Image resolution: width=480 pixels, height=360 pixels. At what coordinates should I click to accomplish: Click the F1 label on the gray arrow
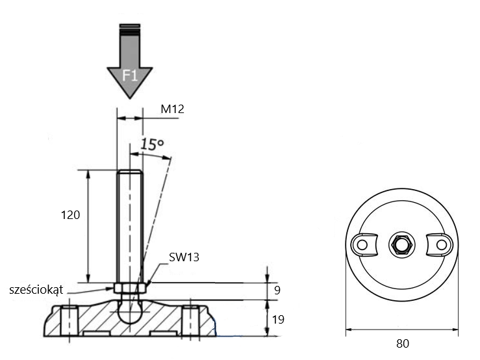click(x=130, y=75)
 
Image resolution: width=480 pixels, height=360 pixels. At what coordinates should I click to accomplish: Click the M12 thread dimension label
click(x=172, y=109)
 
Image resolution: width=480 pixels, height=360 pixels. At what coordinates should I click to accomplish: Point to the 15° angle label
click(x=152, y=144)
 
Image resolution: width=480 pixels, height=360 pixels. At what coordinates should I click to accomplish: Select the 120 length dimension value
click(x=70, y=215)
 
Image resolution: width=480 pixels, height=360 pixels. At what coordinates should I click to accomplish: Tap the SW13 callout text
click(x=184, y=257)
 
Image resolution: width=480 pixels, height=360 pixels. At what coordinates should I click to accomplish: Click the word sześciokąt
click(x=36, y=290)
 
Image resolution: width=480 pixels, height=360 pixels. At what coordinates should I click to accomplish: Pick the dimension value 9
click(x=277, y=290)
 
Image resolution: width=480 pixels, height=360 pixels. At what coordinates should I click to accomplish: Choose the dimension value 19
click(x=278, y=319)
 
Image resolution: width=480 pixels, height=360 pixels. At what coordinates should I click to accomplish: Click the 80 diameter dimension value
click(x=403, y=344)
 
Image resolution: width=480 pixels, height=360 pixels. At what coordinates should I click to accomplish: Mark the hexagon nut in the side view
click(x=130, y=288)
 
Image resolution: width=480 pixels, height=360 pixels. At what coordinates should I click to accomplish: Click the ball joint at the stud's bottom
click(x=130, y=312)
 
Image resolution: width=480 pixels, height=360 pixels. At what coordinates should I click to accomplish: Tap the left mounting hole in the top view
click(x=362, y=245)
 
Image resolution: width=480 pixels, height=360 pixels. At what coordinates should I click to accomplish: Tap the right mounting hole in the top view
click(x=442, y=245)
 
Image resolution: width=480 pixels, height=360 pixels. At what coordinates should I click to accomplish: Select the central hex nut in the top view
click(x=402, y=245)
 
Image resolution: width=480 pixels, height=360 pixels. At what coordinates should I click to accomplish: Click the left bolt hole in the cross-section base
click(x=69, y=321)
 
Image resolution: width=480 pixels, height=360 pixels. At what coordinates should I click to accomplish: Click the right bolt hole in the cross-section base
click(x=191, y=321)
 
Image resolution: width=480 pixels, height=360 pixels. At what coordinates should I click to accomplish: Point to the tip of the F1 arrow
click(x=130, y=99)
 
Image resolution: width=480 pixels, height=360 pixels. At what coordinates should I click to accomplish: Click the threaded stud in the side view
click(x=130, y=226)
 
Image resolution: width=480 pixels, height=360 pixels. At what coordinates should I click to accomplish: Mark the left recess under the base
click(x=96, y=333)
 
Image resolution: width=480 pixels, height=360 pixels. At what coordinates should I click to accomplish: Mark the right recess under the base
click(x=164, y=333)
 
